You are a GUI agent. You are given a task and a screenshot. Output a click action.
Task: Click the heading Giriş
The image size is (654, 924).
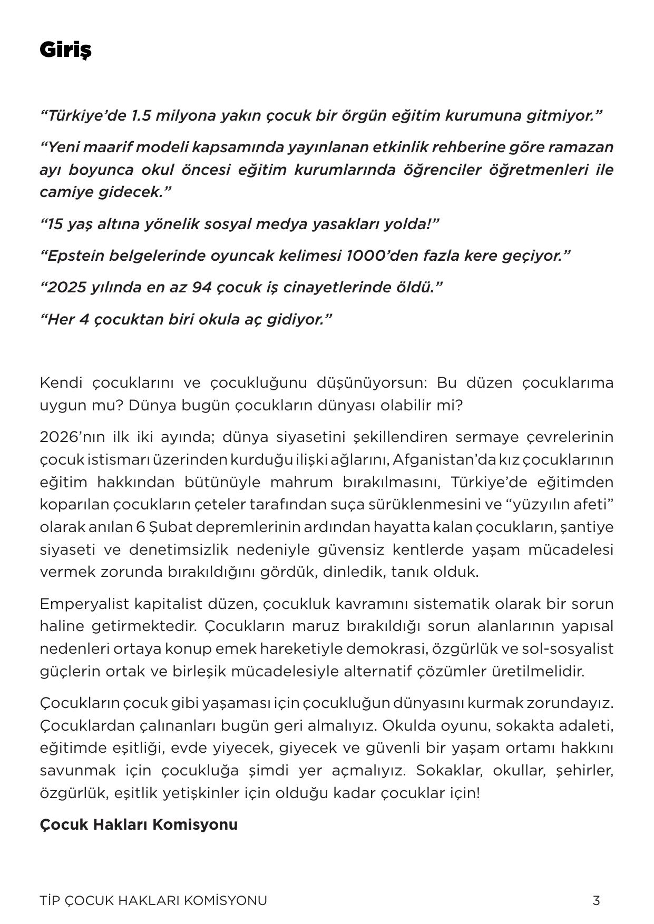65,50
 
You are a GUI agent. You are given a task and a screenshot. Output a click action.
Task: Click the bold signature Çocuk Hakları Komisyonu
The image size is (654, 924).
138,824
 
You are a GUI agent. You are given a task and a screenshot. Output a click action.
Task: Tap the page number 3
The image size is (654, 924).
596,901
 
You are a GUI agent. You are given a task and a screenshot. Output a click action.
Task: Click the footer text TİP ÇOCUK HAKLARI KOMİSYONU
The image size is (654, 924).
153,901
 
